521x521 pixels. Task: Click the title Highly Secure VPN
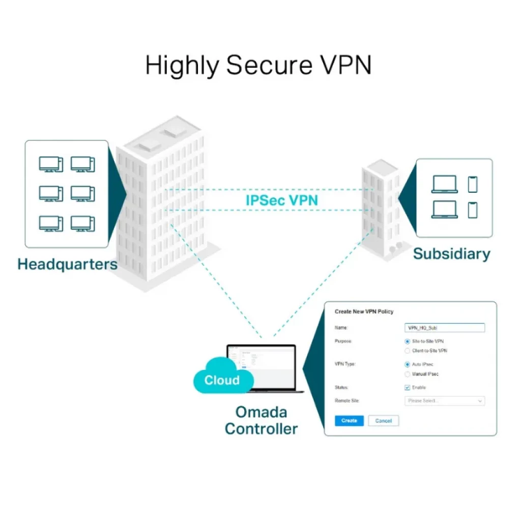pos(258,66)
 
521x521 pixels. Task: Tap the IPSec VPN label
pos(282,200)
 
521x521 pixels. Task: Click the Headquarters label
pos(67,265)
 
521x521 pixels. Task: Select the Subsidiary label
pos(451,254)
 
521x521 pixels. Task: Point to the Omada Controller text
pos(261,420)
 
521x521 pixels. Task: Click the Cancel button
pos(383,421)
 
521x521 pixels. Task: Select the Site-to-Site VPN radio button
pos(408,341)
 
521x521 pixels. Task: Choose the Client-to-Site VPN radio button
pos(408,351)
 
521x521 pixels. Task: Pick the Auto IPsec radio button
pos(408,364)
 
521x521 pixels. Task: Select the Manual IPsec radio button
pos(408,374)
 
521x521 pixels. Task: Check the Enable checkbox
pos(408,388)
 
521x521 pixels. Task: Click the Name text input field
pos(444,328)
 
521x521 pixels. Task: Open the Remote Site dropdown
pos(444,401)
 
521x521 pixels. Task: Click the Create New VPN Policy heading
pos(364,311)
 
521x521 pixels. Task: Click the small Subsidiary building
pos(381,209)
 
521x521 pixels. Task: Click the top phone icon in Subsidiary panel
pos(473,184)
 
